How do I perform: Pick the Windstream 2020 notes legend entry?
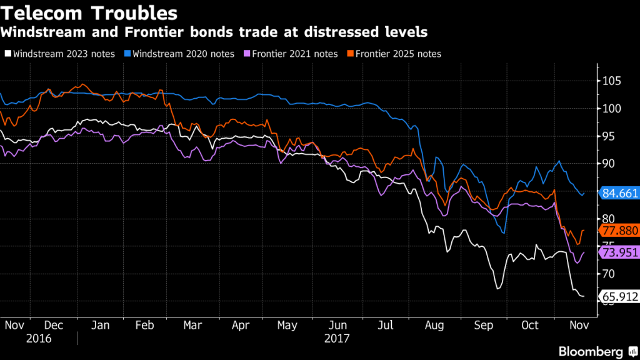click(x=179, y=54)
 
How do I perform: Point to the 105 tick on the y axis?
click(x=613, y=81)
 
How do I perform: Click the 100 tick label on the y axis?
click(x=613, y=109)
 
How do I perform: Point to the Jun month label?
click(x=337, y=325)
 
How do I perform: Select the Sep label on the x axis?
click(x=482, y=325)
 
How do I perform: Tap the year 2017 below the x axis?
click(x=337, y=338)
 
